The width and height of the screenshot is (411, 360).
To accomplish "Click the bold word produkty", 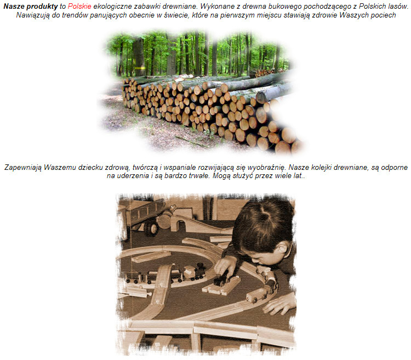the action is [x=42, y=7].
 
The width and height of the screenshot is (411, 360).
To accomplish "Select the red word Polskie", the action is [x=79, y=6].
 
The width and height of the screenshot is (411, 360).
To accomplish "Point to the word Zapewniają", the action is [x=23, y=167].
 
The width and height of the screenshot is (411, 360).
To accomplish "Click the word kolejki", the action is [x=321, y=168].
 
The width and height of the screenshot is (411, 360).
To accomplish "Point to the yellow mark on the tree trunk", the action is [x=140, y=68].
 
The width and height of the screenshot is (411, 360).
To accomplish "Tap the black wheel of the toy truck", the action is [x=151, y=227].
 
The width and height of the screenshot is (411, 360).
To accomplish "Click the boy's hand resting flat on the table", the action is [x=280, y=304].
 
